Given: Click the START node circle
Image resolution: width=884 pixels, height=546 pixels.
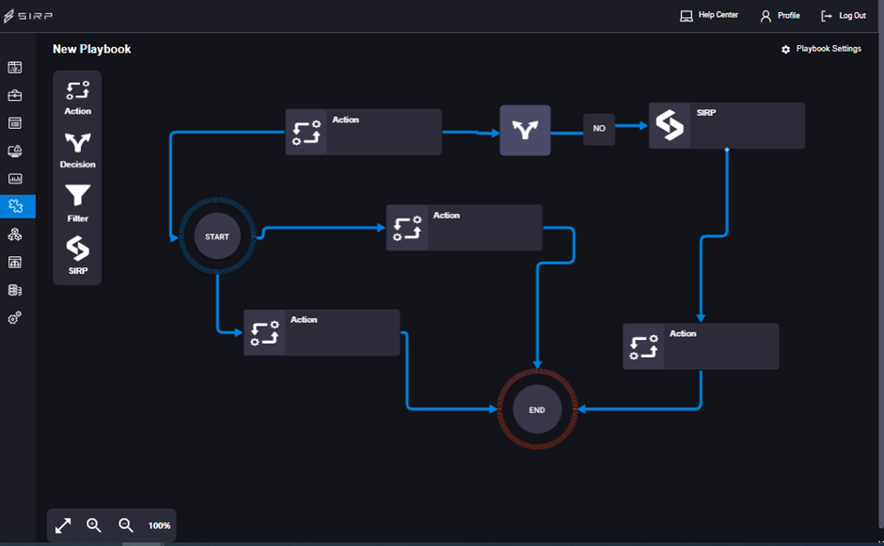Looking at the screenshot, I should [x=217, y=236].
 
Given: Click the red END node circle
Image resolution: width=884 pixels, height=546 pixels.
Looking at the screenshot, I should [x=537, y=410].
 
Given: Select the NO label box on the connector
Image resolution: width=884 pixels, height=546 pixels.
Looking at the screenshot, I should [x=599, y=129].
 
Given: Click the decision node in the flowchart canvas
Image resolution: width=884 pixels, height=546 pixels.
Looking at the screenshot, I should [x=525, y=130].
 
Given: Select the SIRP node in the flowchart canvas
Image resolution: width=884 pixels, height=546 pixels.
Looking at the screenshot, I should [x=726, y=126].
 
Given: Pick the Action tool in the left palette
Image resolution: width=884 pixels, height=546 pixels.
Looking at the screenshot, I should [x=77, y=97].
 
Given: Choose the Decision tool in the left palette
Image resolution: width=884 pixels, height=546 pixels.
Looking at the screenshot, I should [x=77, y=150].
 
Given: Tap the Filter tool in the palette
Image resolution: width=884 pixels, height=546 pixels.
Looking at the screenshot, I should [x=77, y=203].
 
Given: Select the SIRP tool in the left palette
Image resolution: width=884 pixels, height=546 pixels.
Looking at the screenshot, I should [x=77, y=255].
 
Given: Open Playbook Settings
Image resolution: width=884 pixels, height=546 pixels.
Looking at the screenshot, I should [x=821, y=49].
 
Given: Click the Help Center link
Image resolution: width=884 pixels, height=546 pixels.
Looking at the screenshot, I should [x=710, y=15].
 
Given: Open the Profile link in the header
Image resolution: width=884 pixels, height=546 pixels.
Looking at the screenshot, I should [x=780, y=16].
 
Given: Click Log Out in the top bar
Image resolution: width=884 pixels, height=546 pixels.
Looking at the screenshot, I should [x=844, y=16].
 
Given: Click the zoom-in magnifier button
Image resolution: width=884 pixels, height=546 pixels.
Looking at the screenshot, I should [x=94, y=525].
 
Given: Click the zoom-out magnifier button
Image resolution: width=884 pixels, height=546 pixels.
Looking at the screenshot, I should [x=126, y=525].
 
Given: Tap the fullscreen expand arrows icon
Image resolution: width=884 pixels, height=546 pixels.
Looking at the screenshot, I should [x=63, y=525].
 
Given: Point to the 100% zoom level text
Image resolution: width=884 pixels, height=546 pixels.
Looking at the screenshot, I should [x=159, y=525].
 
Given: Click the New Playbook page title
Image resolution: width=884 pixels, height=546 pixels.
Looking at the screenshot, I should [x=92, y=49].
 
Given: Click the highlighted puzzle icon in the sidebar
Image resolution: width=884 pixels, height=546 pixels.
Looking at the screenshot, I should [x=15, y=206].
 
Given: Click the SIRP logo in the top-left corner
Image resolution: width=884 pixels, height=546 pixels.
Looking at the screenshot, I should [x=28, y=16].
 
